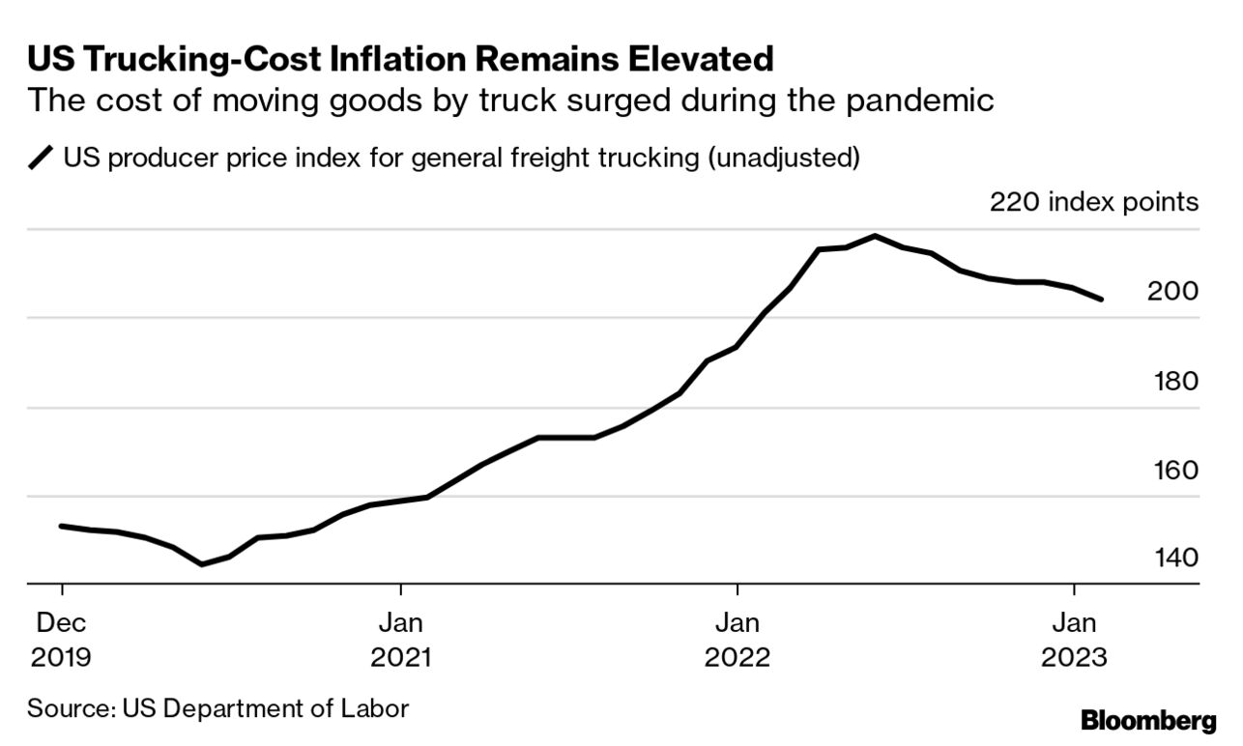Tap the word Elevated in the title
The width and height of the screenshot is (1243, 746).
pos(699,60)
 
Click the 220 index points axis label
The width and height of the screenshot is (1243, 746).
pos(1093,203)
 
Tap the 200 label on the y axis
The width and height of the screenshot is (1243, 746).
pos(1172,291)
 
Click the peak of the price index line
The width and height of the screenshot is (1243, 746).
pos(875,236)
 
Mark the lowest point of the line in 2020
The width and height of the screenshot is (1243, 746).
pos(201,564)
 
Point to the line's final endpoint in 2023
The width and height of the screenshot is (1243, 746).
pos(1102,300)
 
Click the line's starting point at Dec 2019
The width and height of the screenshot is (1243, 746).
pos(61,527)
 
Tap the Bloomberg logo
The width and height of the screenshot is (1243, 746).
pos(1148,721)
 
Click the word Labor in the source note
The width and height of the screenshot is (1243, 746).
pos(375,708)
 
